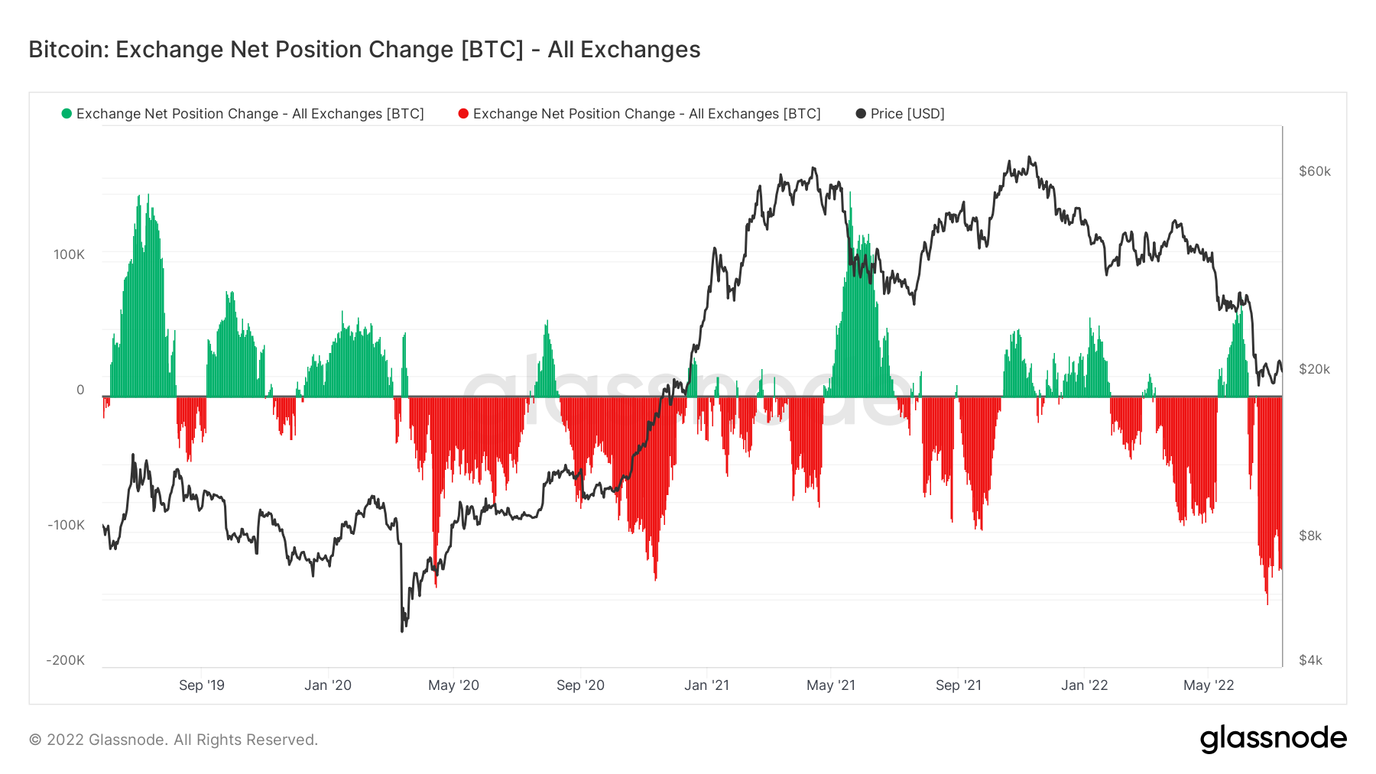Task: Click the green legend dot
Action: (67, 114)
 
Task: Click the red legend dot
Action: (463, 114)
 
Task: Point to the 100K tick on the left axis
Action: (69, 254)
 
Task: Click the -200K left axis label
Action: (66, 660)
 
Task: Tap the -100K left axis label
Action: (66, 525)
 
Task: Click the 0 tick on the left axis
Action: (80, 390)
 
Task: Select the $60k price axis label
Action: (1315, 171)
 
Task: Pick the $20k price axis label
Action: (1315, 369)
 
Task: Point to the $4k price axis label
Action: (1310, 660)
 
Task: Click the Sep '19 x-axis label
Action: (202, 685)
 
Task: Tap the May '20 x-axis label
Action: (453, 685)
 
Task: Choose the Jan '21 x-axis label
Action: (706, 685)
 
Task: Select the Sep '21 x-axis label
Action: (959, 685)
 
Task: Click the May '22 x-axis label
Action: (1209, 685)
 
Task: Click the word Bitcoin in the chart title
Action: (69, 50)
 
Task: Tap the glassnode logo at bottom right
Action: (1273, 739)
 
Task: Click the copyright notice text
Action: (174, 740)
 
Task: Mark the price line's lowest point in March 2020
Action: (402, 631)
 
